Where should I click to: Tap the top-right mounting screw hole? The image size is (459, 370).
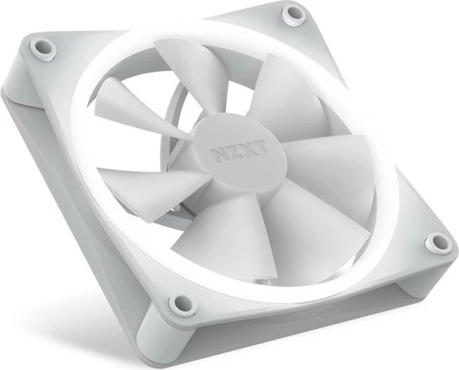point(294,13)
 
